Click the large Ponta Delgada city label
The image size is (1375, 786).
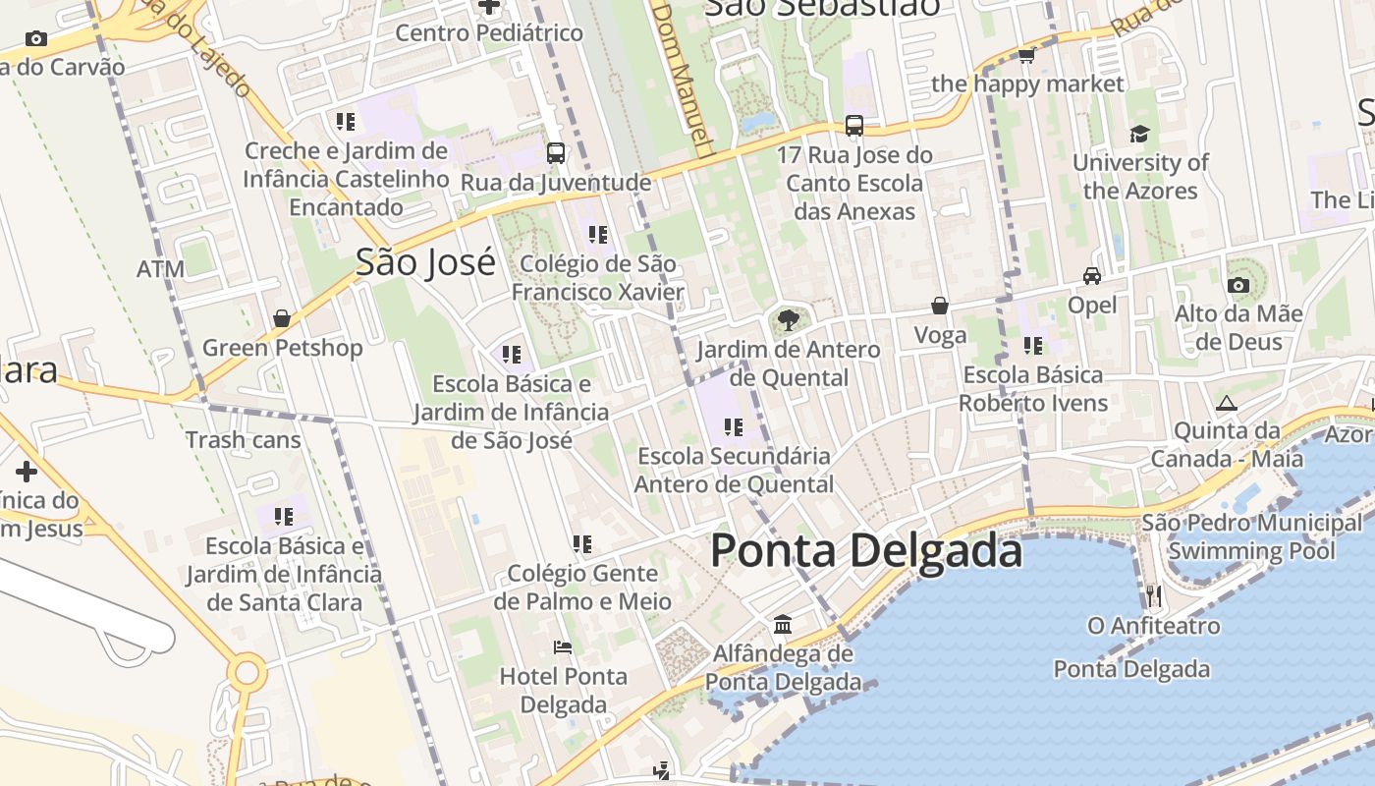tap(865, 550)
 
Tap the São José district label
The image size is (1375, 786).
tap(425, 262)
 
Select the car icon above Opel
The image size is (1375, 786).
tap(1091, 276)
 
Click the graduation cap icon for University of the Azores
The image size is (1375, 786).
tap(1139, 134)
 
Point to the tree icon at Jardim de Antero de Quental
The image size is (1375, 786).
tap(788, 319)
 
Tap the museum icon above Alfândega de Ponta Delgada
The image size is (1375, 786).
tap(783, 624)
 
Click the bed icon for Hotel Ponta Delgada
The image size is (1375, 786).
tap(563, 647)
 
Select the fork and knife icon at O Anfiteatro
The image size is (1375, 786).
tap(1154, 595)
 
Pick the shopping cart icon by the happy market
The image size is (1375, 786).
tap(1026, 55)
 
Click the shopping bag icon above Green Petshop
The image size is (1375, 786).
tap(282, 318)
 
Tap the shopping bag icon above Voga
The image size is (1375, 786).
tap(940, 306)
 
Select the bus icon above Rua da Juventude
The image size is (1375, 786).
tap(555, 153)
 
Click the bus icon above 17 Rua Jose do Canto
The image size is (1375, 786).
tap(854, 126)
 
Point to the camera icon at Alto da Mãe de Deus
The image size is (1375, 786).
tap(1238, 285)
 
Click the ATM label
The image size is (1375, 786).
tap(160, 269)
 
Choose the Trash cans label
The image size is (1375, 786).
tap(244, 440)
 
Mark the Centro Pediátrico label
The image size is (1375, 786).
tap(489, 32)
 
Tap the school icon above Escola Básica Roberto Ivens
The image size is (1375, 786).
tap(1032, 345)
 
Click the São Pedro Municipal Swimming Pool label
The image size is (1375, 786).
tap(1251, 536)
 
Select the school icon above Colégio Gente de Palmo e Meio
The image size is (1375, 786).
tap(582, 543)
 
